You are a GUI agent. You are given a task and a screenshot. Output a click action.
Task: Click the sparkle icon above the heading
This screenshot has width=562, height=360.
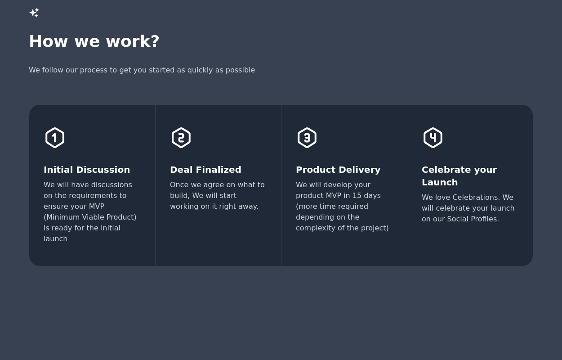[34, 13]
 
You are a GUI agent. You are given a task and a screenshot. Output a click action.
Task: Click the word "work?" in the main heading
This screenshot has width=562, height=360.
[133, 41]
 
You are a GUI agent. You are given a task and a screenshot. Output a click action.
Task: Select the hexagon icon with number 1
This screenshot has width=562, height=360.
[55, 138]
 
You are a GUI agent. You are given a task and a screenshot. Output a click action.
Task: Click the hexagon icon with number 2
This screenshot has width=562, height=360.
[181, 138]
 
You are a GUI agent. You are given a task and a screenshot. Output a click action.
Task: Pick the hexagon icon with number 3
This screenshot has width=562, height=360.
[307, 138]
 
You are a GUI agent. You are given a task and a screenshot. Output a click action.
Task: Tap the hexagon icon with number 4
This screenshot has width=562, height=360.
[433, 138]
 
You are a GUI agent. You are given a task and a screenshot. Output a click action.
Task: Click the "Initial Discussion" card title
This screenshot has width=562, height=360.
[87, 170]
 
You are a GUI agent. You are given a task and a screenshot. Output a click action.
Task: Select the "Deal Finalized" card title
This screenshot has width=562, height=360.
[205, 170]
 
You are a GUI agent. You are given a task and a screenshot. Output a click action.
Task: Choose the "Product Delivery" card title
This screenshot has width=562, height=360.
[338, 170]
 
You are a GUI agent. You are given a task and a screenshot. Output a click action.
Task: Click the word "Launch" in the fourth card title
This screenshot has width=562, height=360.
[440, 182]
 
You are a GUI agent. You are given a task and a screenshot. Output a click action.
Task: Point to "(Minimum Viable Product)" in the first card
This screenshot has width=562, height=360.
[90, 217]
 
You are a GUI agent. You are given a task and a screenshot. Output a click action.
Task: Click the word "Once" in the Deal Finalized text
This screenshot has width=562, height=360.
[179, 185]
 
